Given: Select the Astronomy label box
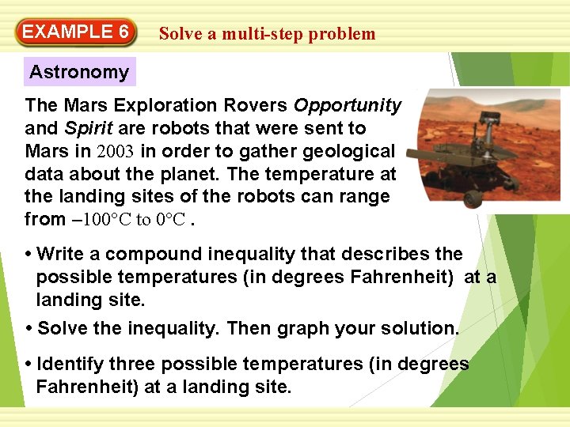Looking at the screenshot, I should [79, 72].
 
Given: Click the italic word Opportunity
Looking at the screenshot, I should [348, 105].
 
